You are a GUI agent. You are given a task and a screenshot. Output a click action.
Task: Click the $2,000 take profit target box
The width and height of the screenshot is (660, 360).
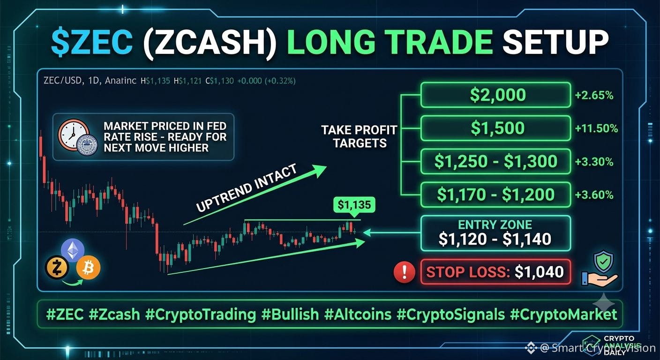tap(495, 95)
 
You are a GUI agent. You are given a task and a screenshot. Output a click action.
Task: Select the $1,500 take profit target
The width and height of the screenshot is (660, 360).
tap(495, 128)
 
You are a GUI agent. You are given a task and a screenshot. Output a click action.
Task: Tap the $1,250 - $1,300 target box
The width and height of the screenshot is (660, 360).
tap(495, 161)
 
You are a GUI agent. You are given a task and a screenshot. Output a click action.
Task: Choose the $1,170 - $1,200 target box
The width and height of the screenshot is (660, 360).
tap(495, 195)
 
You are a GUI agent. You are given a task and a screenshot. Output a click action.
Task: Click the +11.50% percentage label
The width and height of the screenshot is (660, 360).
tap(596, 128)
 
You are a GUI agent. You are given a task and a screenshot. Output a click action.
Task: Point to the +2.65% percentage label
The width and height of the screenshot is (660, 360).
tap(594, 95)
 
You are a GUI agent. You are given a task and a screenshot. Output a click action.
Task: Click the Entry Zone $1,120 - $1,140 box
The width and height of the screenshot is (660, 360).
tap(495, 233)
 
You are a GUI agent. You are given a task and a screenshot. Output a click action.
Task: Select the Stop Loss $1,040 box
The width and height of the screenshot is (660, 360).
tap(495, 271)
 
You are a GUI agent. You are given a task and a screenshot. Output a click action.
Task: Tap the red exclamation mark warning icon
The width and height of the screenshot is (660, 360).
tap(404, 272)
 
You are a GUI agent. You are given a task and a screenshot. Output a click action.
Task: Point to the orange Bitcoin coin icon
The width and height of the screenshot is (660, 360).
tap(88, 268)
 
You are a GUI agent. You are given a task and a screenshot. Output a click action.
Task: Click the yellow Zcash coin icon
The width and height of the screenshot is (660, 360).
tap(57, 268)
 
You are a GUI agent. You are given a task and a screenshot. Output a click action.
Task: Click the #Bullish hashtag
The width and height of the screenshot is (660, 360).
tap(290, 315)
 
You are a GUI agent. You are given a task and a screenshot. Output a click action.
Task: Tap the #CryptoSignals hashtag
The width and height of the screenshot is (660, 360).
tap(451, 315)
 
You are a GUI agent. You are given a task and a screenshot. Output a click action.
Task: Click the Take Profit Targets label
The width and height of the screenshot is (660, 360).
tap(359, 136)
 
